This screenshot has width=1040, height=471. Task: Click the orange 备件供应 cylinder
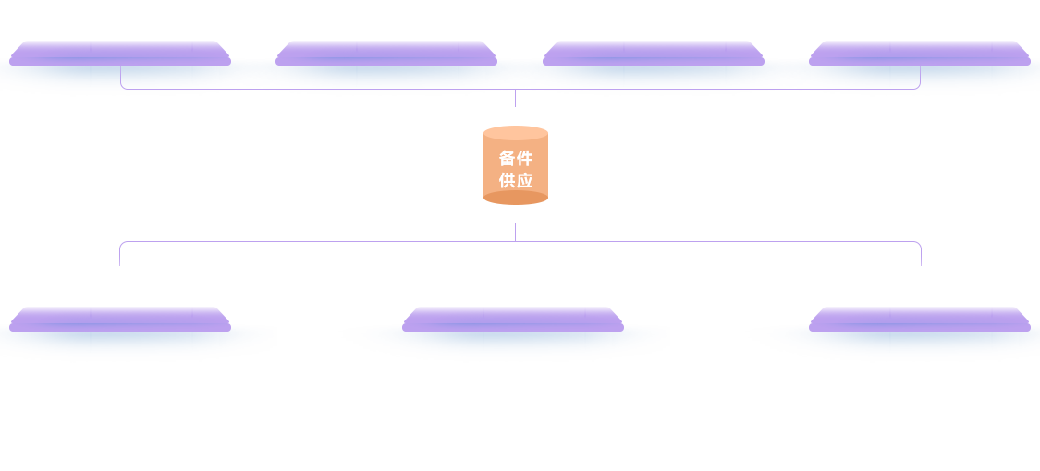(x=515, y=165)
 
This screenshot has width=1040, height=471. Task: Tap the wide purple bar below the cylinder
(x=520, y=252)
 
